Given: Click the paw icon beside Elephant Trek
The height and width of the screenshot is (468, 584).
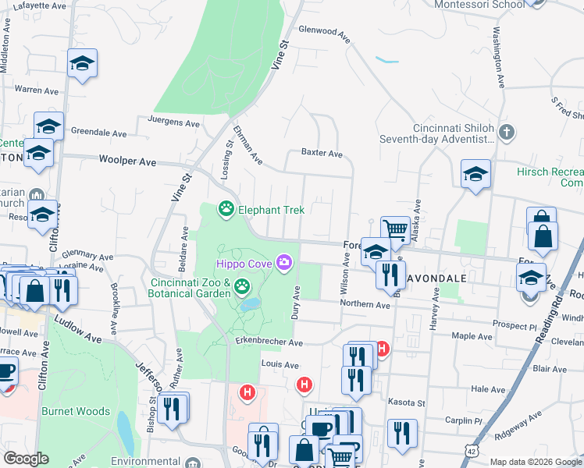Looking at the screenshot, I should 226,209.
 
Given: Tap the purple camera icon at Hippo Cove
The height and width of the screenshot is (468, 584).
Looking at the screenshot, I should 285,264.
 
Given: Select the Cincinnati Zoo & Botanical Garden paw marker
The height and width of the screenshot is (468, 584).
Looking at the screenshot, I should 242,289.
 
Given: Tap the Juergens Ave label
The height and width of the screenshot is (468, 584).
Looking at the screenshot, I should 174,122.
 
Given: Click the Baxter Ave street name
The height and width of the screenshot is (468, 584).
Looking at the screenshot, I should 322,154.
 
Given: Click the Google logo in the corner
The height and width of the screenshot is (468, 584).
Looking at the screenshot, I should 26,459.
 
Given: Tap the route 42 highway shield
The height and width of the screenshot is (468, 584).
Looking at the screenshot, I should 471,452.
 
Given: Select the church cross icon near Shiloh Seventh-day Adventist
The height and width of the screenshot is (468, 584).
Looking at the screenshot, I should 506,132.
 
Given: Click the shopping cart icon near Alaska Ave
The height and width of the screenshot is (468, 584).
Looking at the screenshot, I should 395,229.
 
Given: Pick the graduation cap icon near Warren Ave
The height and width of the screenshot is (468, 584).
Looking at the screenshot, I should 82,63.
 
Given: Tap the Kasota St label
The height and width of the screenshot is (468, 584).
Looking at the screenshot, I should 406,402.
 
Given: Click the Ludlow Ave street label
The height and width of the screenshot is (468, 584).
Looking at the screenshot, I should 78,328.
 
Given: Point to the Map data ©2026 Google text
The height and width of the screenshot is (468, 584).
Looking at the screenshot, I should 536,462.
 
